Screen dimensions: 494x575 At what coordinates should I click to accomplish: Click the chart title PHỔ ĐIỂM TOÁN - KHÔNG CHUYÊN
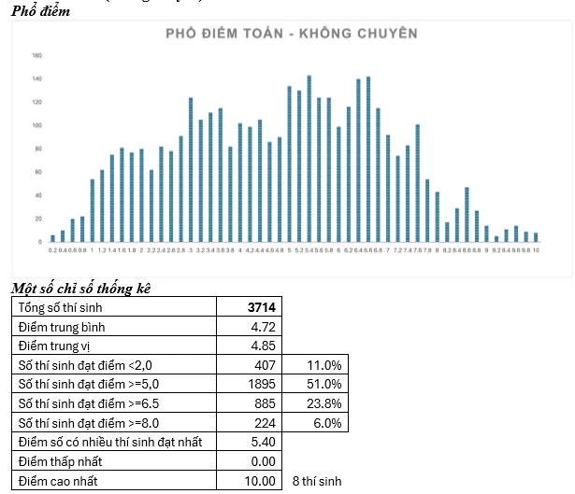coord(291,34)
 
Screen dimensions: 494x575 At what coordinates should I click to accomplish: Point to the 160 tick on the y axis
coord(36,55)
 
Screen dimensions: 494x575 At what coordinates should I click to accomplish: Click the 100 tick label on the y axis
coord(36,125)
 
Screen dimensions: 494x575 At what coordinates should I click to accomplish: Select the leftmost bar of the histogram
coord(53,238)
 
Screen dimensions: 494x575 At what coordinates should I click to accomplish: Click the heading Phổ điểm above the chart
coord(40,10)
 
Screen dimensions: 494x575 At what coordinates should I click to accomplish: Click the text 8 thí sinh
coord(316,482)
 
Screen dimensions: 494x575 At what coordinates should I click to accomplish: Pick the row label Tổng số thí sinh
coord(64,307)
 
